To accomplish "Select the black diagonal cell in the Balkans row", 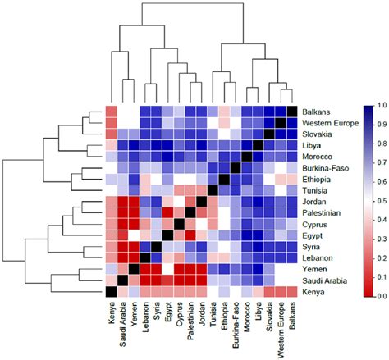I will pos(291,111).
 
